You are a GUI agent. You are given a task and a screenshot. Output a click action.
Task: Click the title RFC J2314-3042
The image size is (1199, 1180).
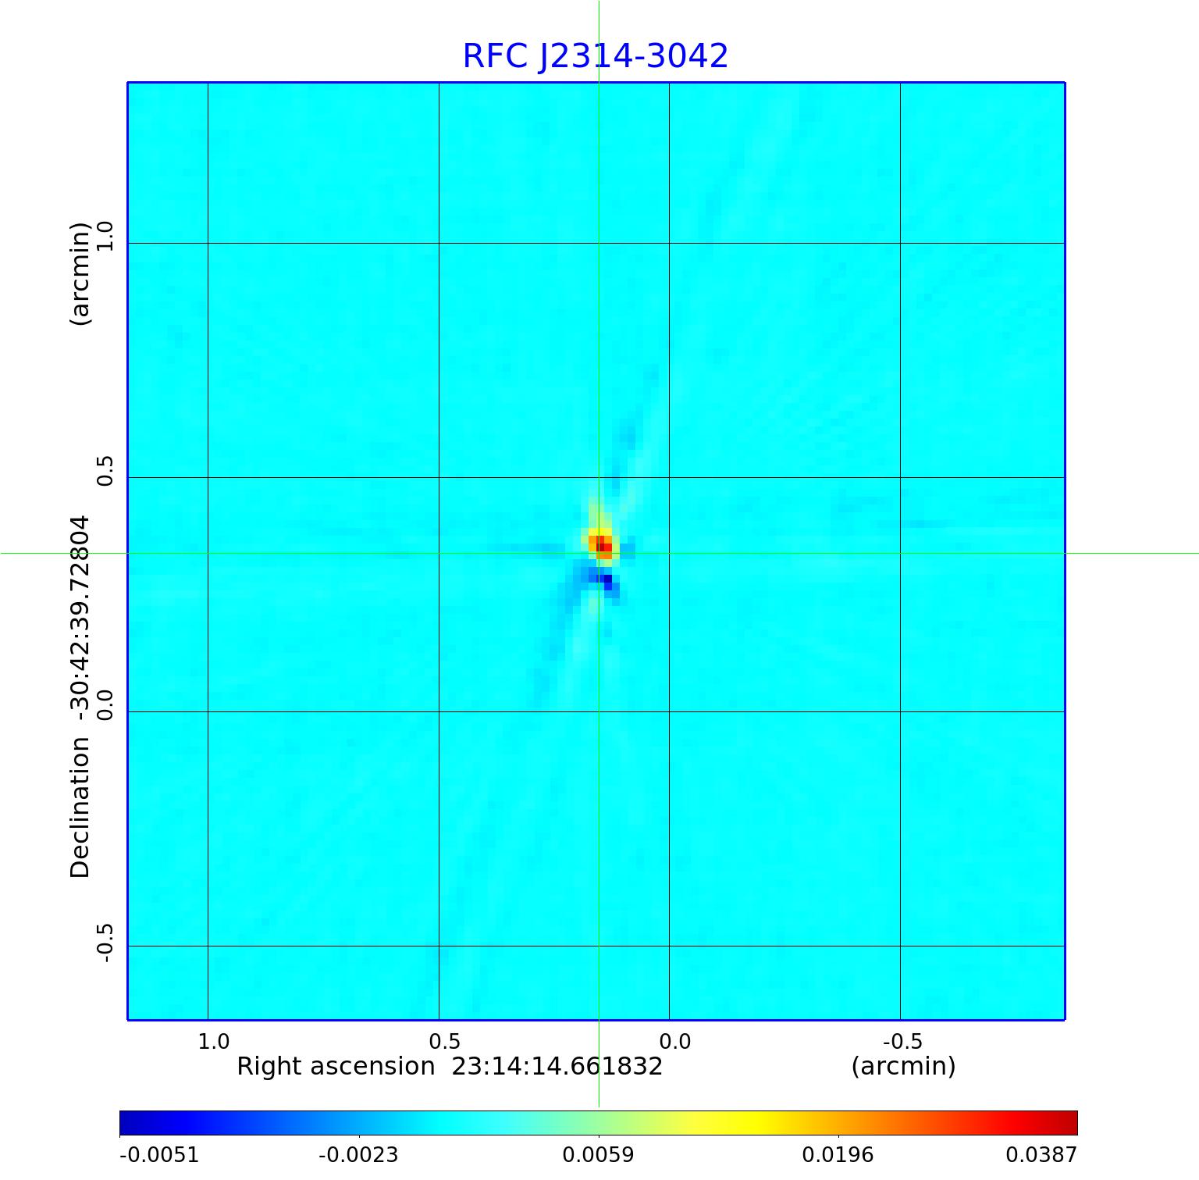point(595,56)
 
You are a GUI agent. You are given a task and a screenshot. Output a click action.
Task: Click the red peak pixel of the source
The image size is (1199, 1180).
point(603,547)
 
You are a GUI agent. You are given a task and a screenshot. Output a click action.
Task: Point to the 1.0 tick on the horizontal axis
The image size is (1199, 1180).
point(213,1041)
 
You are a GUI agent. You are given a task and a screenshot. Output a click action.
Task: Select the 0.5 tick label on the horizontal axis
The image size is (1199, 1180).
point(444,1041)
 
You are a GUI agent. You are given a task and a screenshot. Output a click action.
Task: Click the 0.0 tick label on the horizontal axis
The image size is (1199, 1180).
point(675,1041)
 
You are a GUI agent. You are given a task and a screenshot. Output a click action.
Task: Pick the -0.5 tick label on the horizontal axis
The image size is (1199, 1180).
point(902,1041)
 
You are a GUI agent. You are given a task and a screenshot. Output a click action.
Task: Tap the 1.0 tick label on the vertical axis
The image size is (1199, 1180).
point(105,235)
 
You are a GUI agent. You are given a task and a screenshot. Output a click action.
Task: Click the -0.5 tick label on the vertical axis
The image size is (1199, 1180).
point(105,943)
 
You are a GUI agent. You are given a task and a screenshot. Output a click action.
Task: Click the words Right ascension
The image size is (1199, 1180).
point(336,1066)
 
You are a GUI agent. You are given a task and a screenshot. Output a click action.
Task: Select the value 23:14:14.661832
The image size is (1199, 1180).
point(557,1066)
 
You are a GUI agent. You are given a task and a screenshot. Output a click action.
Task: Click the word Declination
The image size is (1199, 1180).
point(80,807)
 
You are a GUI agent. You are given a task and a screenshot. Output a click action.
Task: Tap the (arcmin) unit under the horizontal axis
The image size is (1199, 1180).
point(903,1066)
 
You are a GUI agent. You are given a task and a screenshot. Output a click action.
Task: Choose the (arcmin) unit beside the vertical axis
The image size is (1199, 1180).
point(80,274)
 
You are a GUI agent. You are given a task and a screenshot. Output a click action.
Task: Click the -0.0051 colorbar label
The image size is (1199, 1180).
point(159,1154)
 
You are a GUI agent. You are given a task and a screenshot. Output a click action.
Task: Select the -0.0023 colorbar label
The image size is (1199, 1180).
point(358,1154)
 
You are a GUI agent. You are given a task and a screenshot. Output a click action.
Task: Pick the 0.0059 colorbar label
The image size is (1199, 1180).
point(599,1154)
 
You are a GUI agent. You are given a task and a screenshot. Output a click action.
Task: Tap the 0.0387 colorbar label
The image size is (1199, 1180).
point(1041,1154)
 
